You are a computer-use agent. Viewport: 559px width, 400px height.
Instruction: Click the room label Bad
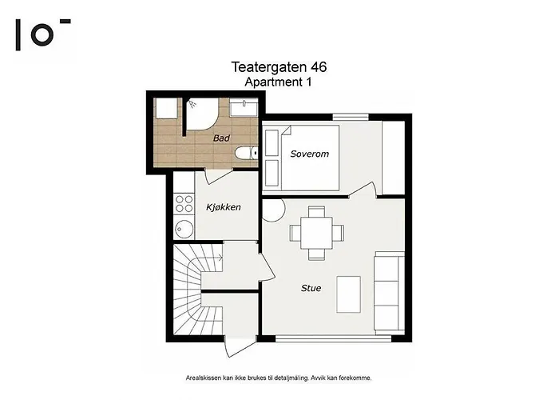click(x=221, y=138)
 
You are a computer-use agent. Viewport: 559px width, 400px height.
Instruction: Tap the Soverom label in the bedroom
click(x=309, y=154)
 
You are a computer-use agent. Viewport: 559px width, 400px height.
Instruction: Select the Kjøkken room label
click(x=224, y=207)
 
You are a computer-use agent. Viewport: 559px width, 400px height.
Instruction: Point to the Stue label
click(x=311, y=288)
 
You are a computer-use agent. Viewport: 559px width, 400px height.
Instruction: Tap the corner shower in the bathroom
click(x=200, y=116)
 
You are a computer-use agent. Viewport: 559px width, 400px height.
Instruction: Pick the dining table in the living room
click(x=317, y=233)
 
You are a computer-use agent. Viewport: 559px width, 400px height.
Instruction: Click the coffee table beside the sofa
click(x=347, y=294)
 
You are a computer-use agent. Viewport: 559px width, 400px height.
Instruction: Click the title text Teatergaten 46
click(x=278, y=68)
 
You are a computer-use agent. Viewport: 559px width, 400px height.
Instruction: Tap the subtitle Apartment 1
click(x=277, y=82)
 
